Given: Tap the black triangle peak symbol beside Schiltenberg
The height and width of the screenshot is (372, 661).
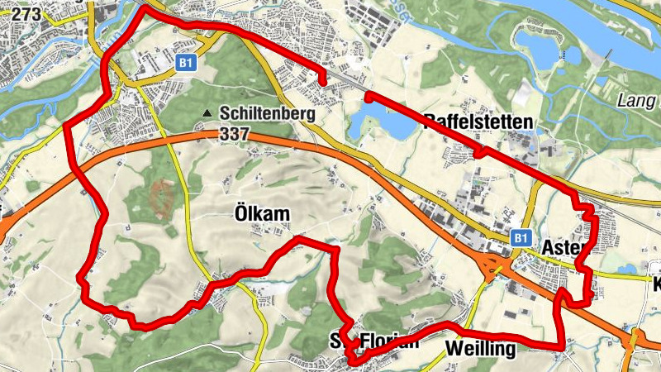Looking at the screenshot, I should [207, 113].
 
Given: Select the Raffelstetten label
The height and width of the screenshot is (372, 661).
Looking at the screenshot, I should [478, 122].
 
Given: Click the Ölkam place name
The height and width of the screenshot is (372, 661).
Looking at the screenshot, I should [257, 214].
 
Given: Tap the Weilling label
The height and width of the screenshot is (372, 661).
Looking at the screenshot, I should [480, 349].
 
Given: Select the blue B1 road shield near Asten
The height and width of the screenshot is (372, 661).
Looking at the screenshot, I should [519, 238].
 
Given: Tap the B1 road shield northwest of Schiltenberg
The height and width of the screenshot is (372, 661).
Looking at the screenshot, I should [186, 61].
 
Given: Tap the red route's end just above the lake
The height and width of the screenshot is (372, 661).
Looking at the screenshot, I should [367, 97].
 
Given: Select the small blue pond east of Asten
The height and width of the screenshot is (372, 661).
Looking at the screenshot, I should [630, 268].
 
